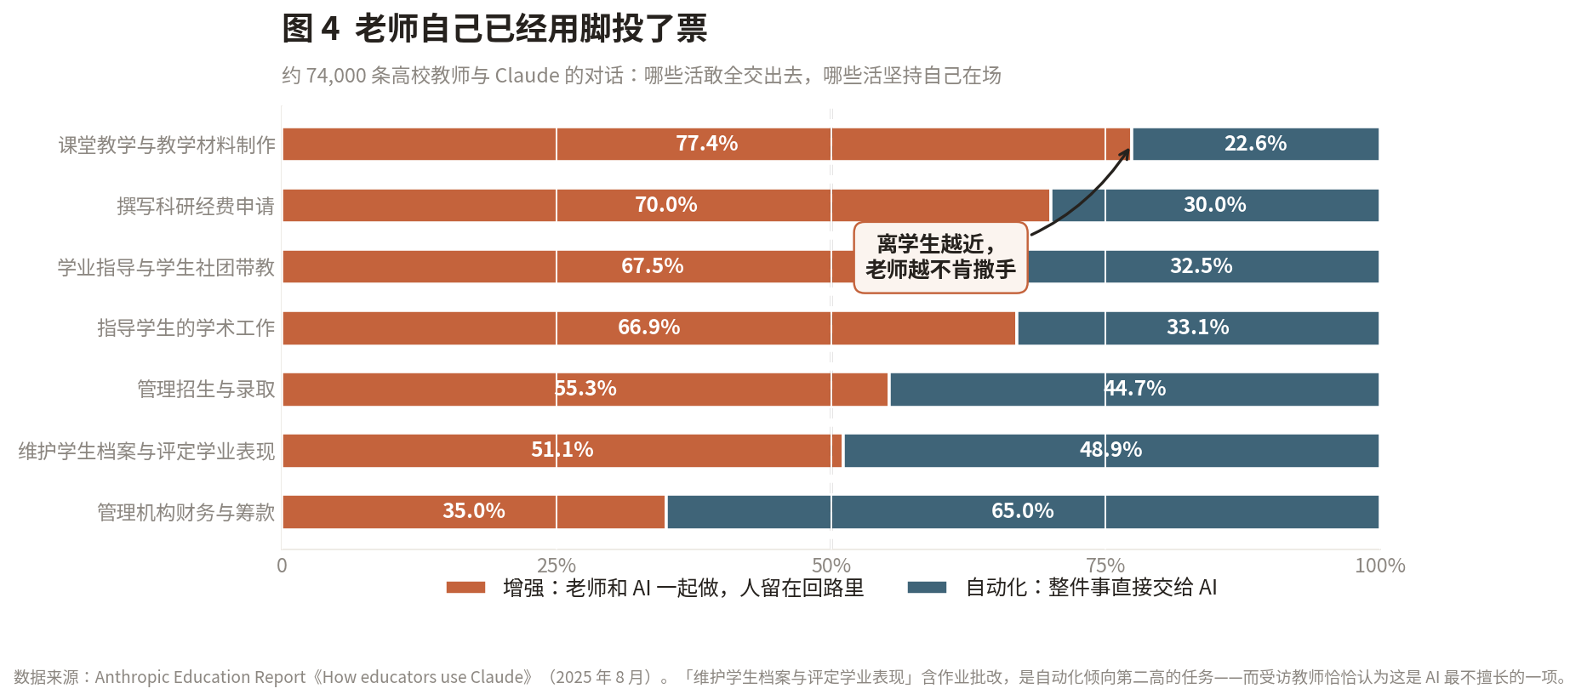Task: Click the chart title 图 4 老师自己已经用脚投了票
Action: click(x=494, y=28)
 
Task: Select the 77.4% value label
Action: click(x=707, y=144)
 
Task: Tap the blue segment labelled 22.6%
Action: click(x=1255, y=144)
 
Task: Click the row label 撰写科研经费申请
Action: click(x=196, y=206)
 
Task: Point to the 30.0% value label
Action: click(x=1214, y=205)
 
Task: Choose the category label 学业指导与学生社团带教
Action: click(x=166, y=267)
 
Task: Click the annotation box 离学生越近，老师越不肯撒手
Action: click(x=940, y=257)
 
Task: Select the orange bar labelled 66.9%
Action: click(x=649, y=327)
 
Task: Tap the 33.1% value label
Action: click(x=1197, y=327)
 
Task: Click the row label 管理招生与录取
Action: click(x=206, y=390)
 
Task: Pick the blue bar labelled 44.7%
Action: click(x=1134, y=389)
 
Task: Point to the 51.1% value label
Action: click(x=562, y=450)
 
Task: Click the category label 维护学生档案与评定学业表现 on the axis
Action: click(x=146, y=451)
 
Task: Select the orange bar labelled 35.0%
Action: click(x=474, y=511)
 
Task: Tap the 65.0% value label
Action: click(x=1022, y=511)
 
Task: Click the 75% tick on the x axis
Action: click(x=1105, y=566)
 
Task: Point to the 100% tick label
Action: click(x=1379, y=566)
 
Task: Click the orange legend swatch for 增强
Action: click(x=465, y=587)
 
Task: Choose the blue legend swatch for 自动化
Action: click(x=928, y=587)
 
